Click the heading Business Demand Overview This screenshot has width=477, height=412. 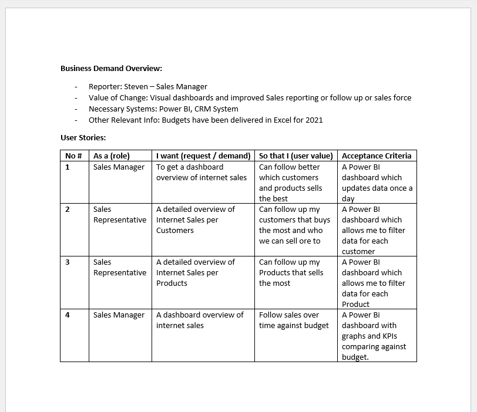(x=111, y=68)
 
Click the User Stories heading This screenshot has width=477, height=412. (x=83, y=137)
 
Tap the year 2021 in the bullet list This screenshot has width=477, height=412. (x=314, y=120)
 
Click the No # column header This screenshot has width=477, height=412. (x=73, y=156)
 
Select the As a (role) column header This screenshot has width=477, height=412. (x=112, y=156)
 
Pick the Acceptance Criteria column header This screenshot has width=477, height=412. (x=377, y=156)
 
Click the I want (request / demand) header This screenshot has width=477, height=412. (x=203, y=156)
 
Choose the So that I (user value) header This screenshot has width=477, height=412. (x=296, y=156)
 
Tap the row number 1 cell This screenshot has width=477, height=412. (x=68, y=167)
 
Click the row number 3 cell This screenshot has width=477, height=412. (x=68, y=262)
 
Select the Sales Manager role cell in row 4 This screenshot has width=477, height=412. (x=119, y=315)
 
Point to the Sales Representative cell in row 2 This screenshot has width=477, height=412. (x=120, y=214)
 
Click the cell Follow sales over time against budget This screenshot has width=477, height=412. (x=294, y=320)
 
